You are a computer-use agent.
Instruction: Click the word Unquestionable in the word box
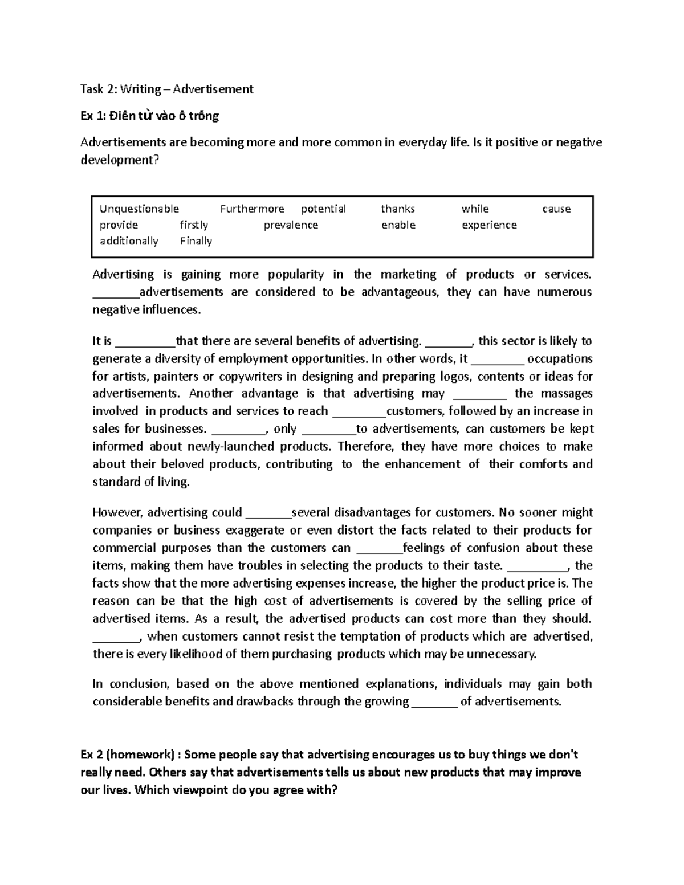[x=139, y=209]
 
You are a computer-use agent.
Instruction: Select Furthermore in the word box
[x=252, y=209]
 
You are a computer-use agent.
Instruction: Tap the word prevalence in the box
[x=291, y=225]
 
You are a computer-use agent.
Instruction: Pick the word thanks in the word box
[x=398, y=209]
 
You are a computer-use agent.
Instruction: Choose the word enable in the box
[x=398, y=225]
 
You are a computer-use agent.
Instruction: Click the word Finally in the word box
[x=196, y=240]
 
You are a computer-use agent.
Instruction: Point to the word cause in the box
[x=556, y=209]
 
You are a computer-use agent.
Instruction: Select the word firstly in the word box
[x=194, y=225]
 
